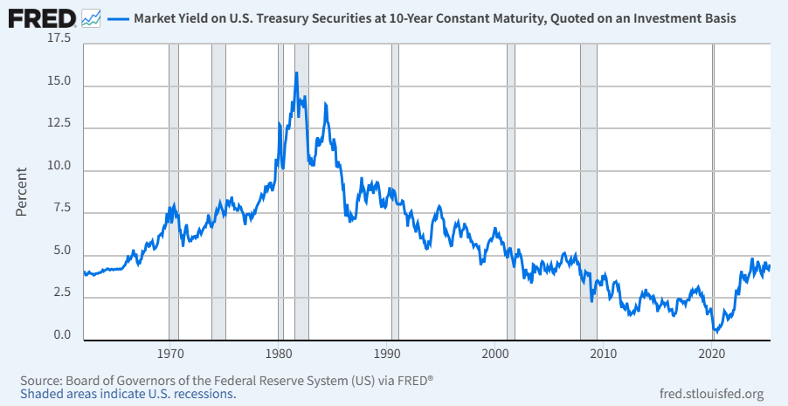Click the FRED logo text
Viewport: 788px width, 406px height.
[42, 18]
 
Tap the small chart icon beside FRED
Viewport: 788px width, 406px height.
[91, 19]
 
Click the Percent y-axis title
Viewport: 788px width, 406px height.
[21, 191]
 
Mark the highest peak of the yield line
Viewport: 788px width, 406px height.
[296, 72]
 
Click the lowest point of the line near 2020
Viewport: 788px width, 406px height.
[716, 332]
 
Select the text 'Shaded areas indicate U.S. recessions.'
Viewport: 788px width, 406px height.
[128, 392]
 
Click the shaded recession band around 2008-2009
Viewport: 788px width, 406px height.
[589, 192]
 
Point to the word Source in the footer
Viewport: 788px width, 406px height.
[38, 379]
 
